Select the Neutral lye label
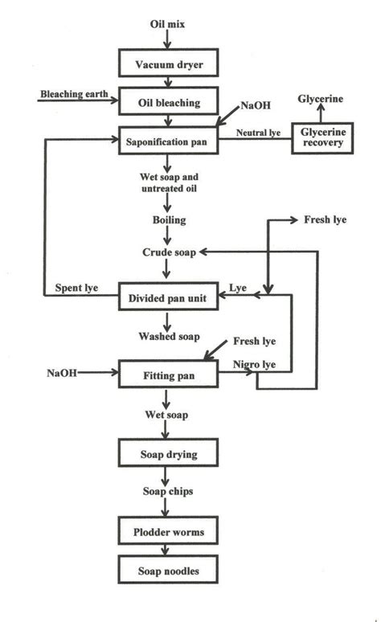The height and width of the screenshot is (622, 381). pyautogui.click(x=256, y=132)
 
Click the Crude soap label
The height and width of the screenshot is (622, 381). pyautogui.click(x=166, y=252)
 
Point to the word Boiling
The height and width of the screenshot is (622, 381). pyautogui.click(x=166, y=219)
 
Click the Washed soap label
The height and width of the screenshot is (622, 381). pyautogui.click(x=166, y=336)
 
